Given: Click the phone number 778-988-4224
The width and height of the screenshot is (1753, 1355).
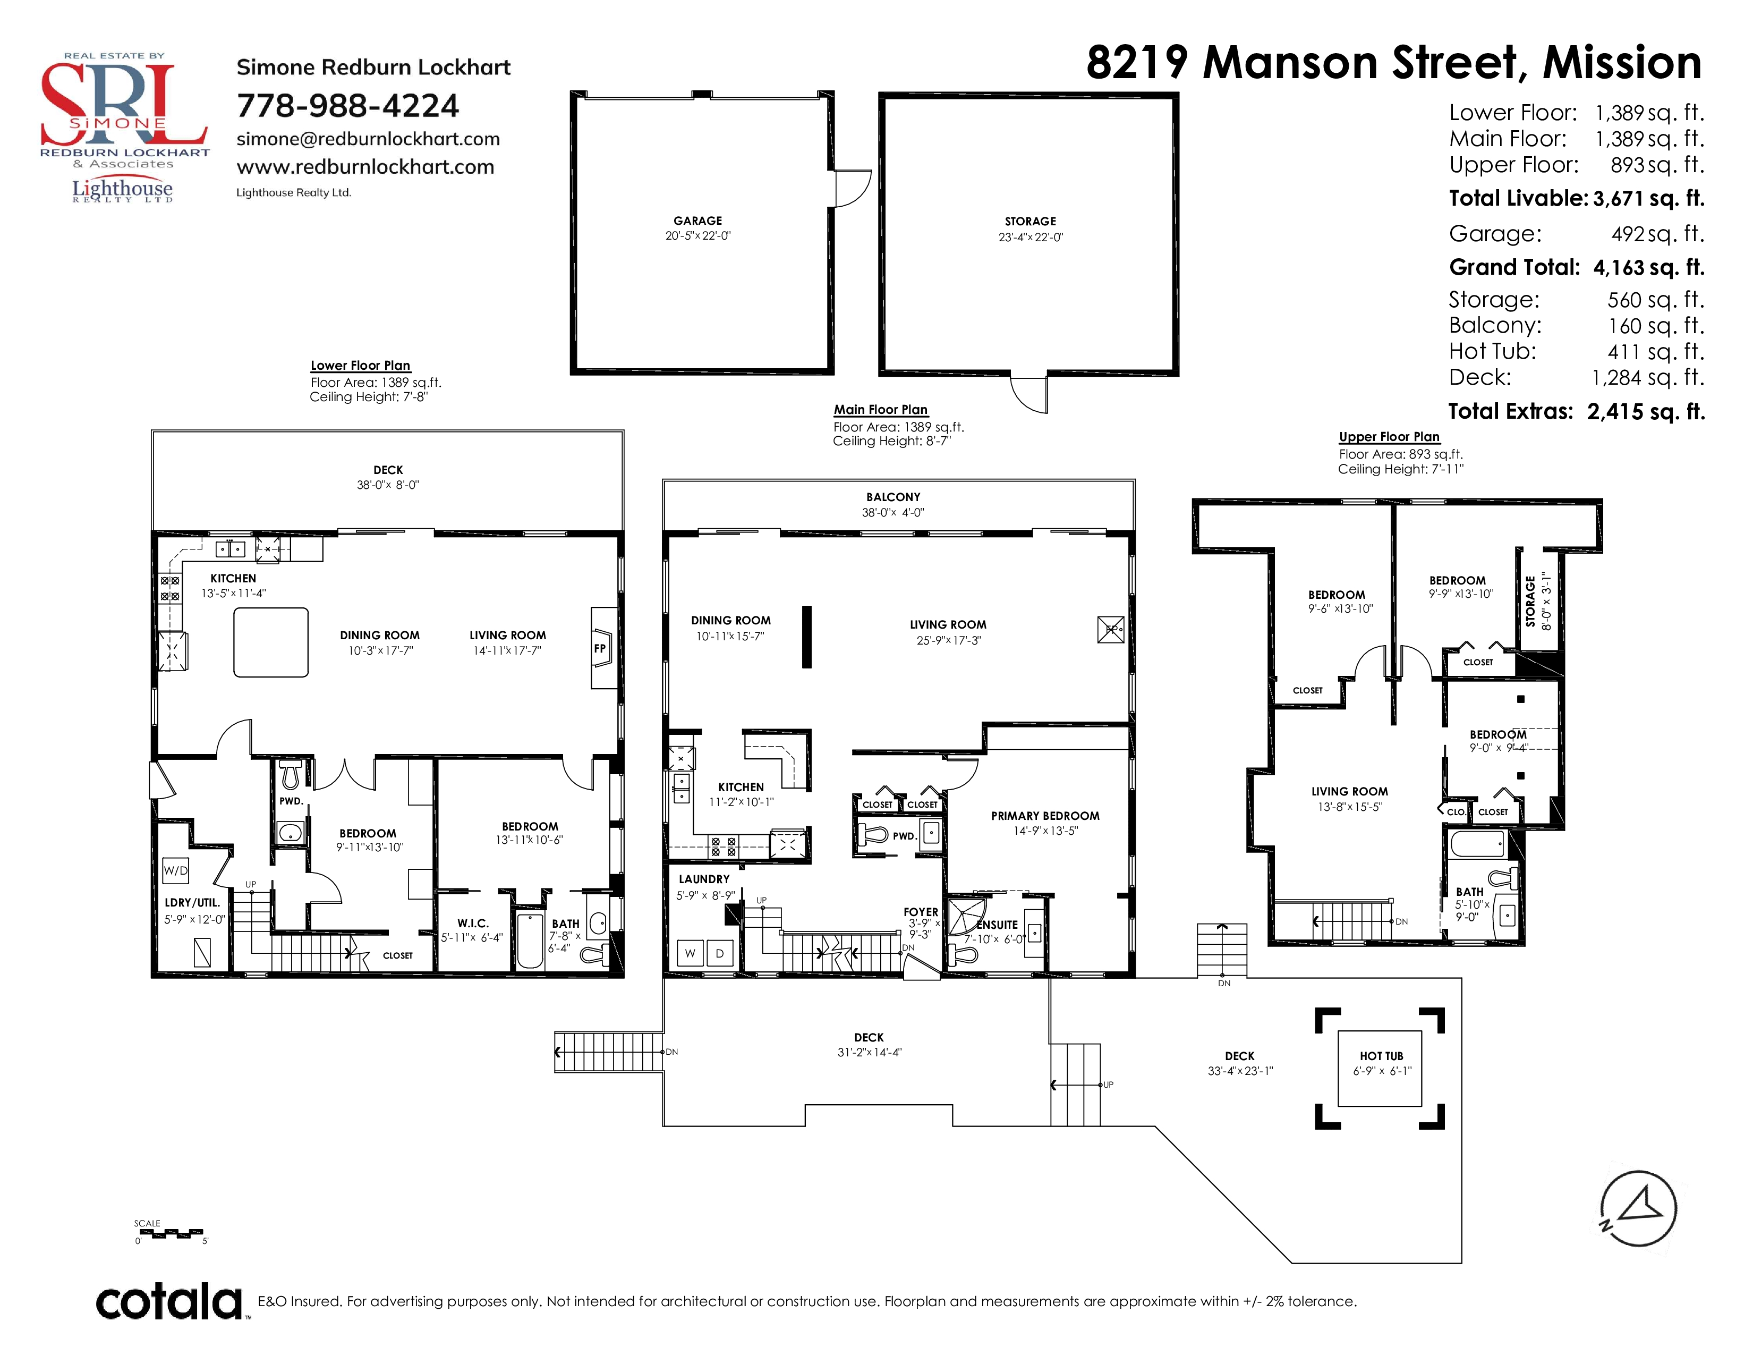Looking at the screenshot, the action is tap(347, 106).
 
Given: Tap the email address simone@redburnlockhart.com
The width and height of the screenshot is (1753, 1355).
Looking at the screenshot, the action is tap(368, 139).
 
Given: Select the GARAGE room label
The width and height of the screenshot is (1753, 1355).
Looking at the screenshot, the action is tap(697, 221).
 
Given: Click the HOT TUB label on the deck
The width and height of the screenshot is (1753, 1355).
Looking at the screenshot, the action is tap(1381, 1056).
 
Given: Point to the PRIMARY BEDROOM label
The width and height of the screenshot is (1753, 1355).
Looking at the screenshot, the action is tap(1045, 816).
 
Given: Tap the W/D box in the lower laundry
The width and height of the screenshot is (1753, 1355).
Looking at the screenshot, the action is tap(176, 870).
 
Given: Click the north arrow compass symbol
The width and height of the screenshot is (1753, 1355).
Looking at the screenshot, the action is tap(1637, 1208).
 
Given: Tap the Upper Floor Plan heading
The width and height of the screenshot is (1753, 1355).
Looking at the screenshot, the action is tap(1390, 437).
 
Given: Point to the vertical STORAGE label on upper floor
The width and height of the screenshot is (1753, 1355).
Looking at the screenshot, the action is tap(1530, 601).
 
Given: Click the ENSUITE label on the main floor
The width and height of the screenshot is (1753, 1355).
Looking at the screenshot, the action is tap(998, 925).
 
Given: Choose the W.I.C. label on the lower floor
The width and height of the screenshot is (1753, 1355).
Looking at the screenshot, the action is tap(473, 923).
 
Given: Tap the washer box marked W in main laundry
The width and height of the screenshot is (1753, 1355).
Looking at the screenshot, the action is tap(690, 954).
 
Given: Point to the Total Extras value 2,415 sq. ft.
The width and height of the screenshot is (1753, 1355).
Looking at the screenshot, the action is tap(1646, 412).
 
